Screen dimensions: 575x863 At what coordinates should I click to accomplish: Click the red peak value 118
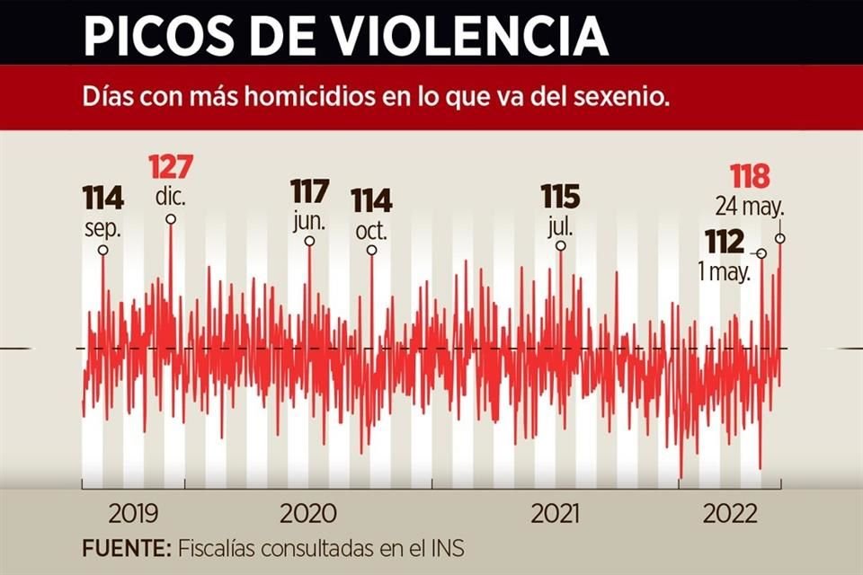(750, 176)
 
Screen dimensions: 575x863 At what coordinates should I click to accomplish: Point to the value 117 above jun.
(310, 192)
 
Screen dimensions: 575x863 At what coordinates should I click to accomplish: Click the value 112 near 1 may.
(725, 242)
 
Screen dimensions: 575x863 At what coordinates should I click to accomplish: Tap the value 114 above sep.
(102, 198)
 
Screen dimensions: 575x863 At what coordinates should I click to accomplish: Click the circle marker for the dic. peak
(171, 218)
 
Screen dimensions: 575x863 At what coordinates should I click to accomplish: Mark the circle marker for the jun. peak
(310, 241)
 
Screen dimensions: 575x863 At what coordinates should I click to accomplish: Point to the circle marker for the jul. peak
(560, 245)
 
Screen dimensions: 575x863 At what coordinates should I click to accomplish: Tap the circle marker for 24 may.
(780, 238)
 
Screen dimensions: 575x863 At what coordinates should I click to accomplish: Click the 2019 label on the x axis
(133, 515)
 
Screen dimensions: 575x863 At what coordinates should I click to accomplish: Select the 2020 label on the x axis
(308, 515)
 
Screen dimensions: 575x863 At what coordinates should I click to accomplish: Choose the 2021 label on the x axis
(556, 515)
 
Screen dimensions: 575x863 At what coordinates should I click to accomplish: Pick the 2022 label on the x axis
(729, 515)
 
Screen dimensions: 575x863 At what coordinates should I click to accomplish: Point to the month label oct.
(370, 231)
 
